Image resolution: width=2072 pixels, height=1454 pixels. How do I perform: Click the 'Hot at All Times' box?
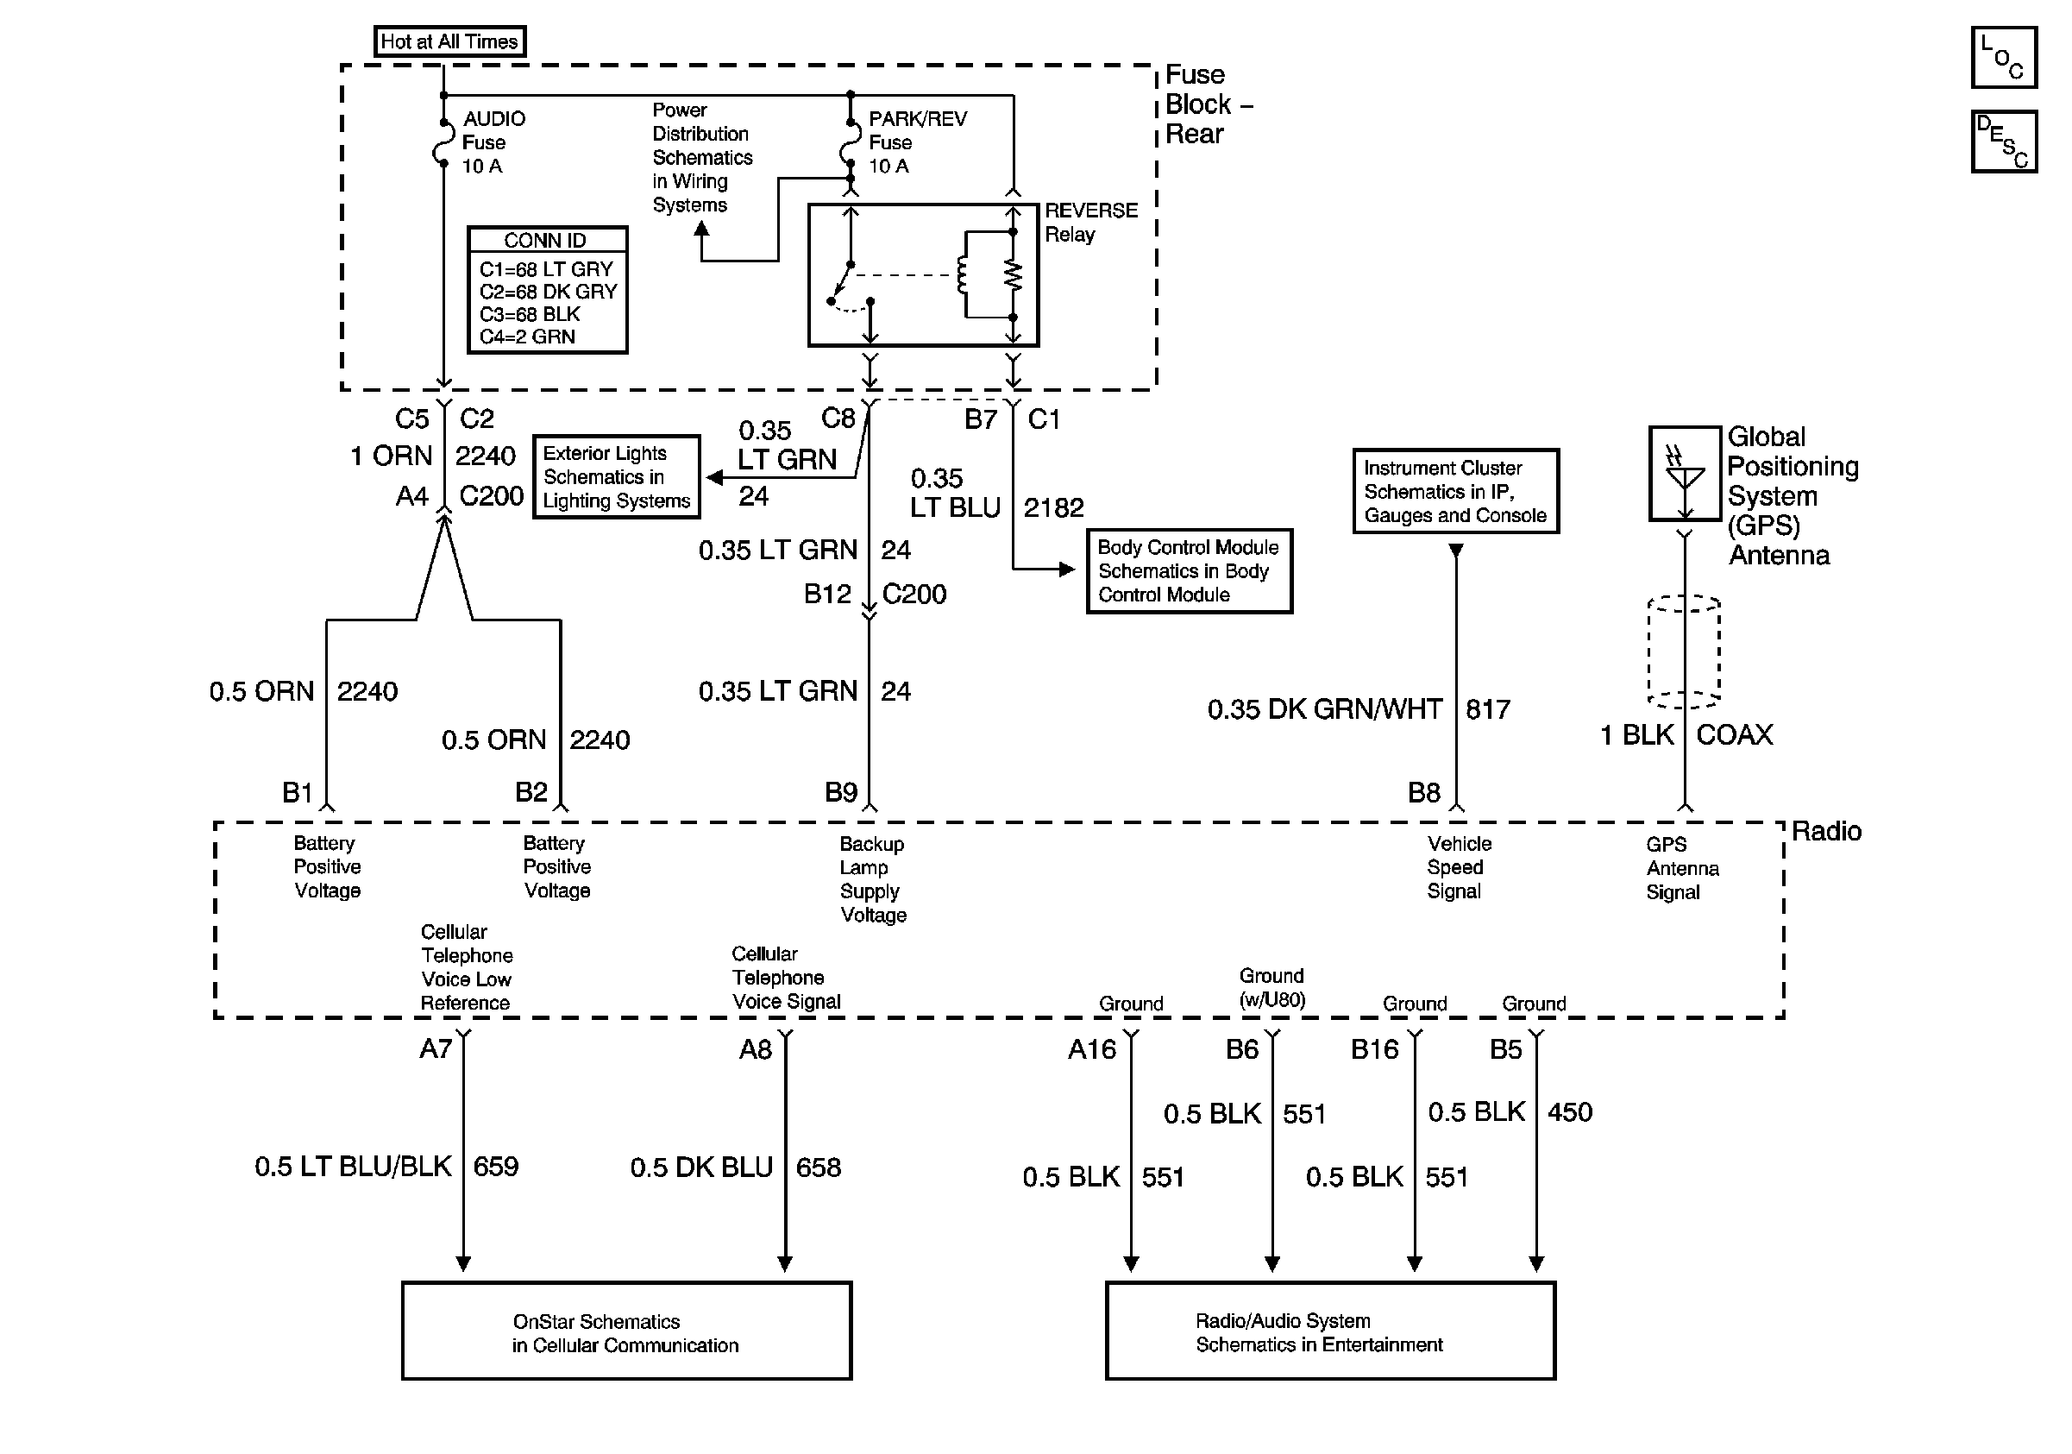449,41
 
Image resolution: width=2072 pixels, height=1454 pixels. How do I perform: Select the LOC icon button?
2003,57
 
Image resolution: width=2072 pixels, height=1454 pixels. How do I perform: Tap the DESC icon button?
2003,141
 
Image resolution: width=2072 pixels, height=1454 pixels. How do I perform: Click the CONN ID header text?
545,240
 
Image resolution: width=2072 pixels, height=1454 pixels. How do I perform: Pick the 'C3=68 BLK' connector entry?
530,314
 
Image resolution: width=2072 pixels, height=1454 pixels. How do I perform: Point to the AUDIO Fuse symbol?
443,142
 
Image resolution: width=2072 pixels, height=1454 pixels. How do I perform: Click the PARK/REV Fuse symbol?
849,142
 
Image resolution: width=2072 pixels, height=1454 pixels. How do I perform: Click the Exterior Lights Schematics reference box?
617,476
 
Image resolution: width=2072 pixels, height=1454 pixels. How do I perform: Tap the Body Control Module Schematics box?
1190,570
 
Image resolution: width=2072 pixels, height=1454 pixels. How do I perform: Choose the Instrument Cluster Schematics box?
1455,491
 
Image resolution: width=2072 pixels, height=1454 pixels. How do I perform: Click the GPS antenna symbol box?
1685,474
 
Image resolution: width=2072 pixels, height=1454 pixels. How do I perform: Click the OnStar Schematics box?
626,1331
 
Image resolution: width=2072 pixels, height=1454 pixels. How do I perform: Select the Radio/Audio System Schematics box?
1330,1331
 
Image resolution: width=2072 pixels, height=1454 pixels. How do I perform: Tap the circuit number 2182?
1053,507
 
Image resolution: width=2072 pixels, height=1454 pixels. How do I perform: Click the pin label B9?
841,792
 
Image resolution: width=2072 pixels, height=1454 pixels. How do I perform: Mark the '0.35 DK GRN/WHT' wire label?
1325,709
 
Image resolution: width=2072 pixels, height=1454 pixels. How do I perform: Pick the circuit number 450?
1570,1112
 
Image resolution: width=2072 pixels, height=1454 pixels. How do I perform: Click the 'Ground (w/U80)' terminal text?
1272,987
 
